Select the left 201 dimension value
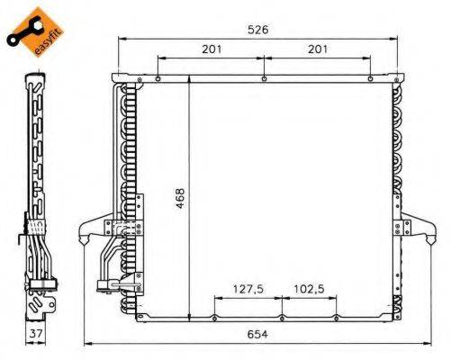(211, 49)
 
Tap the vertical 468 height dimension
(181, 196)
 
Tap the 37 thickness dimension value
(34, 335)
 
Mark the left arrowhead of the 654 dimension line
(86, 344)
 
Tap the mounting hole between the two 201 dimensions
(262, 80)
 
